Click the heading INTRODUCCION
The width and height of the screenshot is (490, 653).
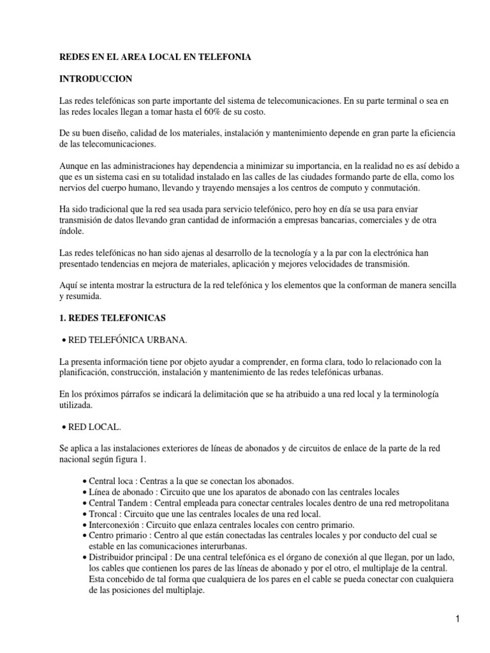point(95,78)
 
